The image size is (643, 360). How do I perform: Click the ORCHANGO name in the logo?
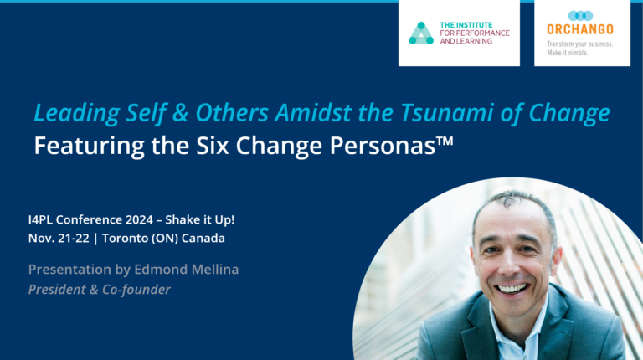[x=579, y=30]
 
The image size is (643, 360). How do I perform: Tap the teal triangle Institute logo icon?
[x=421, y=33]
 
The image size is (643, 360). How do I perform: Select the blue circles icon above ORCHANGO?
[x=580, y=15]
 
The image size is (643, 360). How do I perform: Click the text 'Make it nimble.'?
[x=568, y=52]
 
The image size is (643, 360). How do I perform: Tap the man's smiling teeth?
[x=512, y=288]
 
